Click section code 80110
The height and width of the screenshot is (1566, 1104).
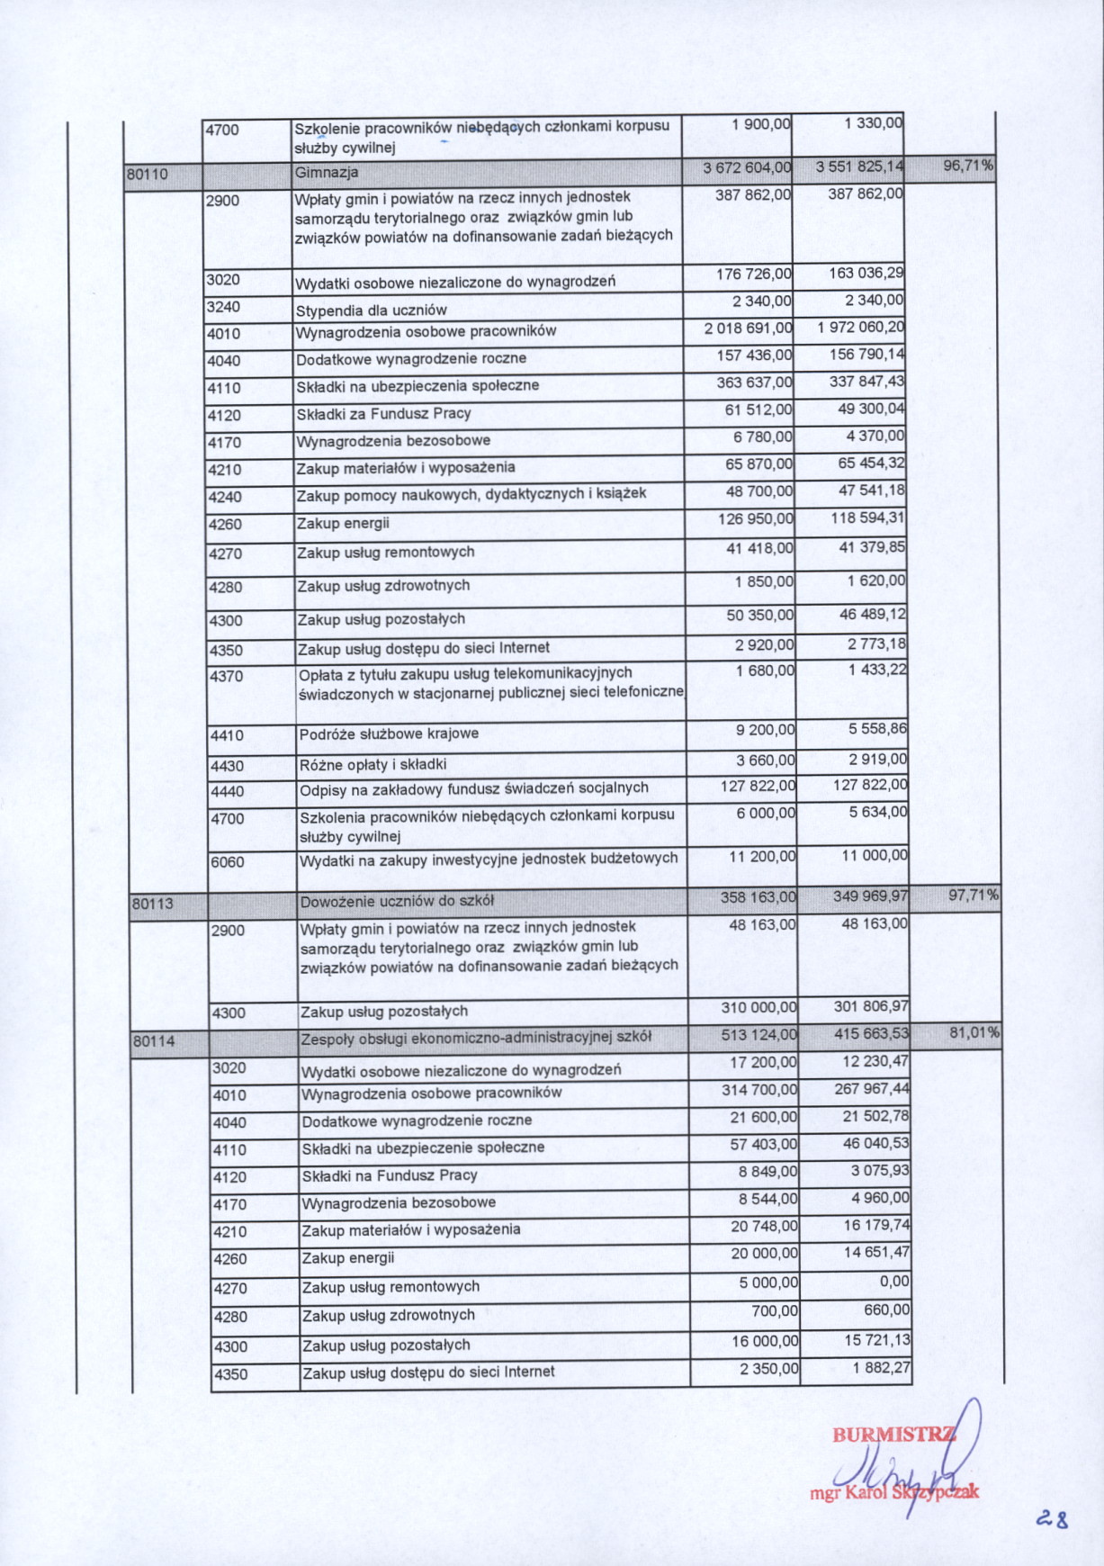tap(148, 174)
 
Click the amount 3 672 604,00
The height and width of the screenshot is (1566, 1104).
tap(747, 167)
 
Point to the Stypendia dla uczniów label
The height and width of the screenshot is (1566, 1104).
tap(372, 310)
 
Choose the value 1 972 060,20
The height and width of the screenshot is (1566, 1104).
tap(861, 328)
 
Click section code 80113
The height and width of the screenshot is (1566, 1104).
tap(153, 903)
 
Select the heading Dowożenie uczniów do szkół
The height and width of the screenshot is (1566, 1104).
tap(397, 901)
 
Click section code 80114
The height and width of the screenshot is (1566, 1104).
tap(154, 1041)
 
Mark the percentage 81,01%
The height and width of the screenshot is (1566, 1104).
tap(974, 1032)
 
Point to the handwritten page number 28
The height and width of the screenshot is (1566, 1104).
tap(1052, 1520)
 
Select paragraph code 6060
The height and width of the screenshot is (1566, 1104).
tap(228, 861)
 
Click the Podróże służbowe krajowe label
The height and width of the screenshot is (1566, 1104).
tap(389, 733)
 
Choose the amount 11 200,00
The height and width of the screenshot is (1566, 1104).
tap(762, 856)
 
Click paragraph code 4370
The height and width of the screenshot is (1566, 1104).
tap(226, 676)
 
